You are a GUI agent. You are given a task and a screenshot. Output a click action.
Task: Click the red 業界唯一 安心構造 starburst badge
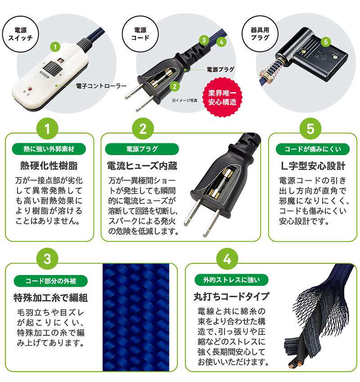tap(222, 97)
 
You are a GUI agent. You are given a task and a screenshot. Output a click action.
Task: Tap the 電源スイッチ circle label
tap(21, 34)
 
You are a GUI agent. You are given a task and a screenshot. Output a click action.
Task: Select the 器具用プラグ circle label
tap(260, 34)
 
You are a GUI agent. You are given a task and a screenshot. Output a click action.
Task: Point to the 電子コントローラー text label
tap(101, 86)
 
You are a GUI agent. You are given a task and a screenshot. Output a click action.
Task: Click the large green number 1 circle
tap(47, 129)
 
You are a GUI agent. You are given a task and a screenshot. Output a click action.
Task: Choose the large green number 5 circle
tap(310, 129)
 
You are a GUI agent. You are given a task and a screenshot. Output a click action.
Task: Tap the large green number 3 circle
tap(47, 259)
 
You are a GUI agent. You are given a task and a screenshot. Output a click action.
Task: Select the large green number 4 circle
tap(227, 259)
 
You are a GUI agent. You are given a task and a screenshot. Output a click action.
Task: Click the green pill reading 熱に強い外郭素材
tap(49, 149)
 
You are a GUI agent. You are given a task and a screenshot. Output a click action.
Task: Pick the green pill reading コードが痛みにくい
tap(313, 149)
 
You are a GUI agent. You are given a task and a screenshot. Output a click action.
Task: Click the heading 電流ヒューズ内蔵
tap(142, 166)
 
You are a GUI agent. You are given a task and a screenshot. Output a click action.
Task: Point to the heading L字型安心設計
tap(313, 166)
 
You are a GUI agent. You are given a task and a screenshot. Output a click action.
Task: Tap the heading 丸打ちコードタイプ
tap(231, 297)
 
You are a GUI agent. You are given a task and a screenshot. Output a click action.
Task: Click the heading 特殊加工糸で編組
tap(51, 298)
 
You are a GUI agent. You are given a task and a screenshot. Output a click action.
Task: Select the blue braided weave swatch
tap(136, 317)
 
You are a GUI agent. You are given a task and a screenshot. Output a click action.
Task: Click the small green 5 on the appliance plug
tap(326, 42)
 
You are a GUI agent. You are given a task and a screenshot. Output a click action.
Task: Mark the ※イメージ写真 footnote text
tap(184, 100)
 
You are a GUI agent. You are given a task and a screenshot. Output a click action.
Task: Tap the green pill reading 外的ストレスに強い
tap(231, 280)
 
